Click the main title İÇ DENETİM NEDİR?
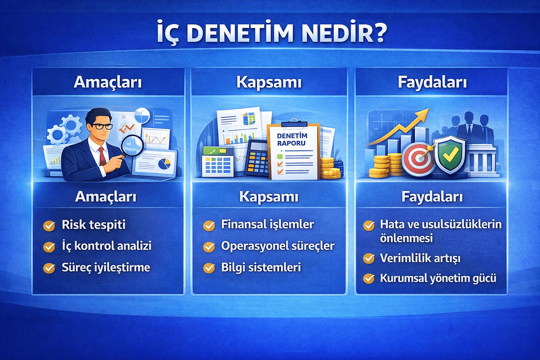(271, 33)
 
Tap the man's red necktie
(102, 156)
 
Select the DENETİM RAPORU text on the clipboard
(292, 140)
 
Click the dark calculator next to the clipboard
(257, 157)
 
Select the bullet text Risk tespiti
(94, 225)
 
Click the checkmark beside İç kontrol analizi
(49, 247)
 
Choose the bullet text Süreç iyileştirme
(106, 268)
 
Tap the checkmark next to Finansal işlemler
(209, 225)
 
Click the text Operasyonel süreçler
(278, 246)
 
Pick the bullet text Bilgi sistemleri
(261, 268)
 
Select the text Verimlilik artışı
(420, 258)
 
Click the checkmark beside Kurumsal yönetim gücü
(369, 278)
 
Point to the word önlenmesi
(406, 238)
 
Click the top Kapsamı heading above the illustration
(269, 82)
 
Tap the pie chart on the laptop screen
(164, 163)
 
